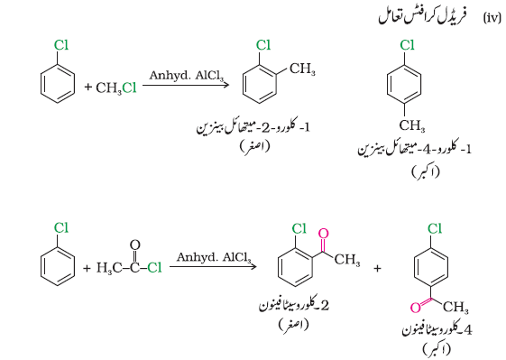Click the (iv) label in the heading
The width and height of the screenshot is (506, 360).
click(492, 18)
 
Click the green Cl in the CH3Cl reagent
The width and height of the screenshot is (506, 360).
click(129, 88)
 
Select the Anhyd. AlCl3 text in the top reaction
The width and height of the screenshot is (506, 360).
click(186, 76)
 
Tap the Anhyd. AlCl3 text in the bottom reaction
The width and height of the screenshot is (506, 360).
click(214, 258)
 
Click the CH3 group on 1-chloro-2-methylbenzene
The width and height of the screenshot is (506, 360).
click(302, 69)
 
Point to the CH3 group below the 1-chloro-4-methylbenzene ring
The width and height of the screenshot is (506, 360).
click(412, 125)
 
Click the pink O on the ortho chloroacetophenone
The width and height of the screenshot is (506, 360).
click(323, 234)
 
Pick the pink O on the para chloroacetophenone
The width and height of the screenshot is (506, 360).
click(416, 308)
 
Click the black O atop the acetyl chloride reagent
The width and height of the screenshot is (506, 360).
click(135, 245)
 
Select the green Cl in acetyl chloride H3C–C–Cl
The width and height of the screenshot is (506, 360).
click(154, 267)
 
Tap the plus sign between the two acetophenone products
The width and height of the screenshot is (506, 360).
click(377, 268)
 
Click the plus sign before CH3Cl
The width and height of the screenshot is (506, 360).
click(87, 87)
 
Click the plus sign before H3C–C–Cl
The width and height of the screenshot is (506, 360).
click(87, 268)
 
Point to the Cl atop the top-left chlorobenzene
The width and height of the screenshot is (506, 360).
click(61, 45)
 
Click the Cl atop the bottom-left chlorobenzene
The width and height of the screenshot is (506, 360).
click(61, 227)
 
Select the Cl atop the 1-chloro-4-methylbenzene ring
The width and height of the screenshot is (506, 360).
click(407, 45)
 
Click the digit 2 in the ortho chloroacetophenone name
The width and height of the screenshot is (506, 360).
click(325, 305)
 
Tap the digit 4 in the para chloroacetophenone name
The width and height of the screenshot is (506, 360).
click(468, 330)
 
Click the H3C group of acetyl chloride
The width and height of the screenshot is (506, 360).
click(109, 268)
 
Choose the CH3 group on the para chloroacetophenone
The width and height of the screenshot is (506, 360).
click(455, 307)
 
